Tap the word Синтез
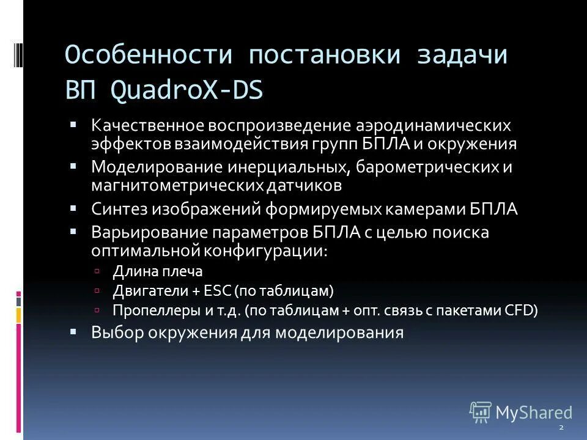click(117, 209)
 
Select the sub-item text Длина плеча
click(157, 271)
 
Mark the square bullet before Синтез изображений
click(73, 208)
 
